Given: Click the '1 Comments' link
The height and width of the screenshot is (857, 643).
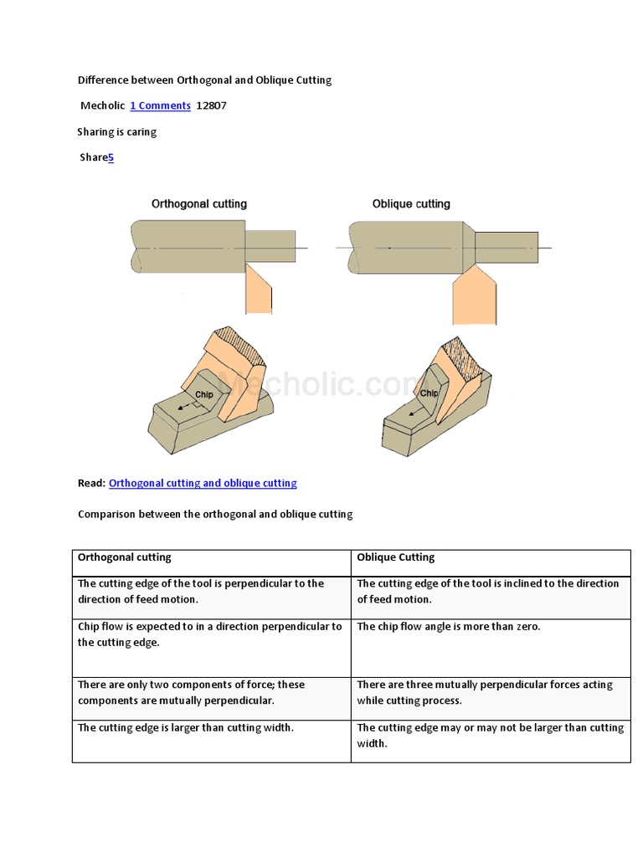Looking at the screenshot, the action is [160, 105].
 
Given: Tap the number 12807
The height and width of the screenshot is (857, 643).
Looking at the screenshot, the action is [211, 105].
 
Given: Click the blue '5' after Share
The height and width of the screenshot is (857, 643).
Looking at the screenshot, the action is [111, 157].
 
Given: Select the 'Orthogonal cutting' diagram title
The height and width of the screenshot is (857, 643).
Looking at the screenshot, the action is [199, 203].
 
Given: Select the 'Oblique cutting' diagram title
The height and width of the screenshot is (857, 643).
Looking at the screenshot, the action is [411, 203].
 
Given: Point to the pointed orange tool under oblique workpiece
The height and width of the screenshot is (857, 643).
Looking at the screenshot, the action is [474, 297].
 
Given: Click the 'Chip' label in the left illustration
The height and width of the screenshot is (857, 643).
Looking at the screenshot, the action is [204, 394].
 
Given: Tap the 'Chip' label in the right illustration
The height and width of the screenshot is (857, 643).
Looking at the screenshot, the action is [429, 393].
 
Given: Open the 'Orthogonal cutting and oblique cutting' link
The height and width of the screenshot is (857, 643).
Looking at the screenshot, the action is [203, 483].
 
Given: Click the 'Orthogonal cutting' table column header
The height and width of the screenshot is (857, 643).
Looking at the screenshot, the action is [125, 557].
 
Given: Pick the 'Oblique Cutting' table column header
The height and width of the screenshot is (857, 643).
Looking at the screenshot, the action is [396, 557].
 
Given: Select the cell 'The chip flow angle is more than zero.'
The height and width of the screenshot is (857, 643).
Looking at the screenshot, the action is [449, 627].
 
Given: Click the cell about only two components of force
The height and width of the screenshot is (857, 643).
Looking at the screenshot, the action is [192, 692].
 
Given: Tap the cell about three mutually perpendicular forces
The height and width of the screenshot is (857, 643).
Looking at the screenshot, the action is [485, 692].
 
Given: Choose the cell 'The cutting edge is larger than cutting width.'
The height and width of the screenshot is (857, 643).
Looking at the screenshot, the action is [186, 728].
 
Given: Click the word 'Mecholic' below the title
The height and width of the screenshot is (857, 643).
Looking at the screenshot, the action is [103, 105].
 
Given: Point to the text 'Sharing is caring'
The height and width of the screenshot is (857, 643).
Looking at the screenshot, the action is [117, 131].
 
